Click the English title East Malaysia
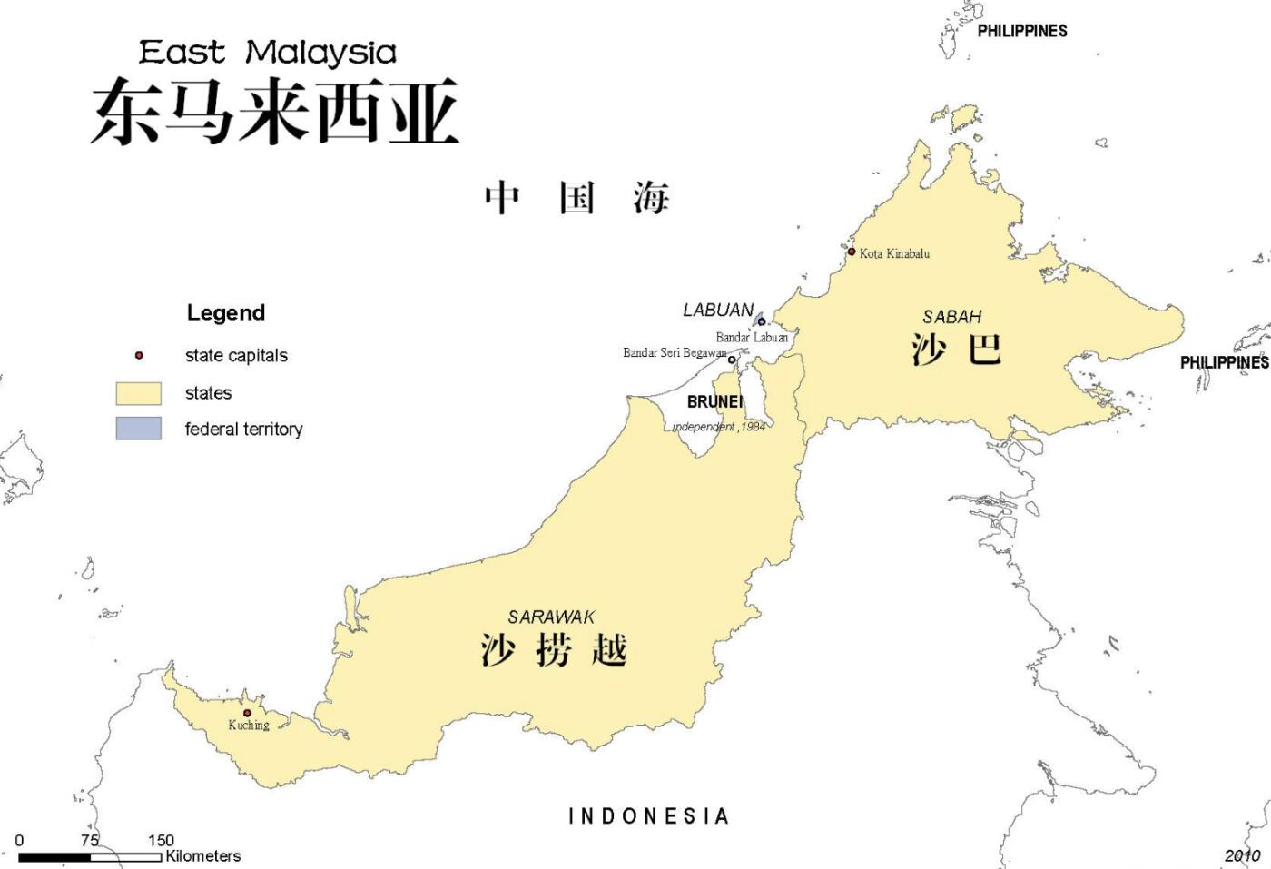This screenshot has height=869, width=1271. point(268,52)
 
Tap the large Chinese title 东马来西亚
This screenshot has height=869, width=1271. point(274,113)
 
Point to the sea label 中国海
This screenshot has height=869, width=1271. point(576,197)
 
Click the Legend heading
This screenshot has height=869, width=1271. point(226,313)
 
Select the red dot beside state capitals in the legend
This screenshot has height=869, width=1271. point(139,355)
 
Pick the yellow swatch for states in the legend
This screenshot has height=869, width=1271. point(138,393)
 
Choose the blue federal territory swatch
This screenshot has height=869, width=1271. point(138,429)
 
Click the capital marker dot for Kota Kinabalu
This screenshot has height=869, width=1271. point(852,252)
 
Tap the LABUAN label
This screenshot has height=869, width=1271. point(718,311)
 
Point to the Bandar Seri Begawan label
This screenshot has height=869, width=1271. point(674,352)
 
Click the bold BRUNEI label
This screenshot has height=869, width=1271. point(714,401)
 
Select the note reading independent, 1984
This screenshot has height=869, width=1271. point(719,426)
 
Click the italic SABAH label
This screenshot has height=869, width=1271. point(952,317)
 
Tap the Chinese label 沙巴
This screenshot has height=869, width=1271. point(956,349)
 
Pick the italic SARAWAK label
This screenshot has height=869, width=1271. point(551,617)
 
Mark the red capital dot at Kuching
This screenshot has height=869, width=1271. point(246,713)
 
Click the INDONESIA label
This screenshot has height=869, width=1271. point(648,816)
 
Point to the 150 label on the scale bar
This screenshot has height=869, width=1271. point(161,840)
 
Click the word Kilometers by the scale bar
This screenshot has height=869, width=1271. point(202,855)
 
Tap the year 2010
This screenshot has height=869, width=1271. point(1242,854)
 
